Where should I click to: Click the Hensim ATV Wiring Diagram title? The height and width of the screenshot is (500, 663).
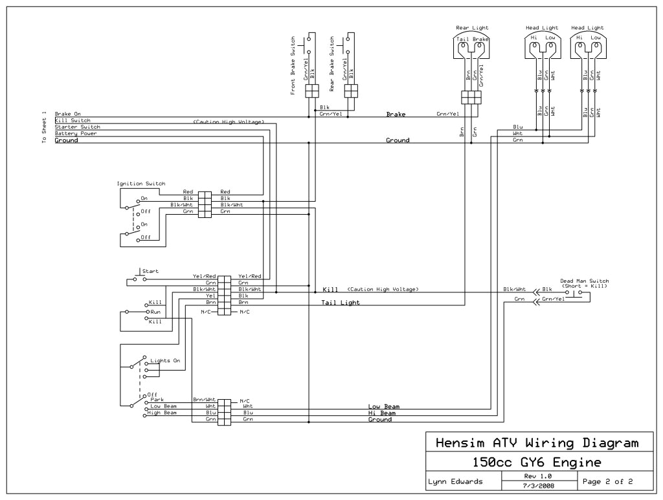(x=537, y=443)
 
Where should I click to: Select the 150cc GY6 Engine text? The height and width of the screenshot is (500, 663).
(x=537, y=462)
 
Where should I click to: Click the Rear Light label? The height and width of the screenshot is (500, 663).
(x=472, y=28)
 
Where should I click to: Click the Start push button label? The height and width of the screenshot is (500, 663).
(x=150, y=272)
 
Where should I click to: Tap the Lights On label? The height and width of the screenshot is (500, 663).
(x=165, y=360)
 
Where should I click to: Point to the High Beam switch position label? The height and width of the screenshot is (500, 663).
(x=163, y=412)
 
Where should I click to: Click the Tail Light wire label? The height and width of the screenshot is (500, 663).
(x=341, y=302)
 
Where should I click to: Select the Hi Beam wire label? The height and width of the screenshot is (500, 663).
(x=381, y=413)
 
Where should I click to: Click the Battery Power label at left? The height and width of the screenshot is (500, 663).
(x=76, y=133)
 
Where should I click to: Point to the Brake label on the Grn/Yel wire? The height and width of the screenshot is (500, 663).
(x=396, y=114)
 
